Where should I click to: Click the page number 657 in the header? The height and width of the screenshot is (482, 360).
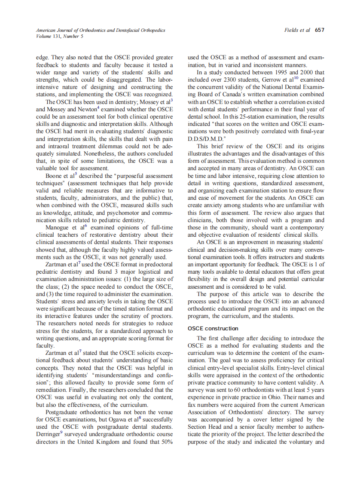pos(319,31)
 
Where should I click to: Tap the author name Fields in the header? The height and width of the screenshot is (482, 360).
pos(292,31)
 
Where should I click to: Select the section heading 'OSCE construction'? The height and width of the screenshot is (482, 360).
pos(213,329)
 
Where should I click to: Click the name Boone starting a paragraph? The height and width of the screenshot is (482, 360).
pos(55,176)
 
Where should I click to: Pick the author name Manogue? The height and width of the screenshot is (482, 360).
pos(60,227)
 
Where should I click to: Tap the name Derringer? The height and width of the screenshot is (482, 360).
pos(52,434)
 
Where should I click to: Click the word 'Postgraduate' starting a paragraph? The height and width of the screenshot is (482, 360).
pos(64,412)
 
